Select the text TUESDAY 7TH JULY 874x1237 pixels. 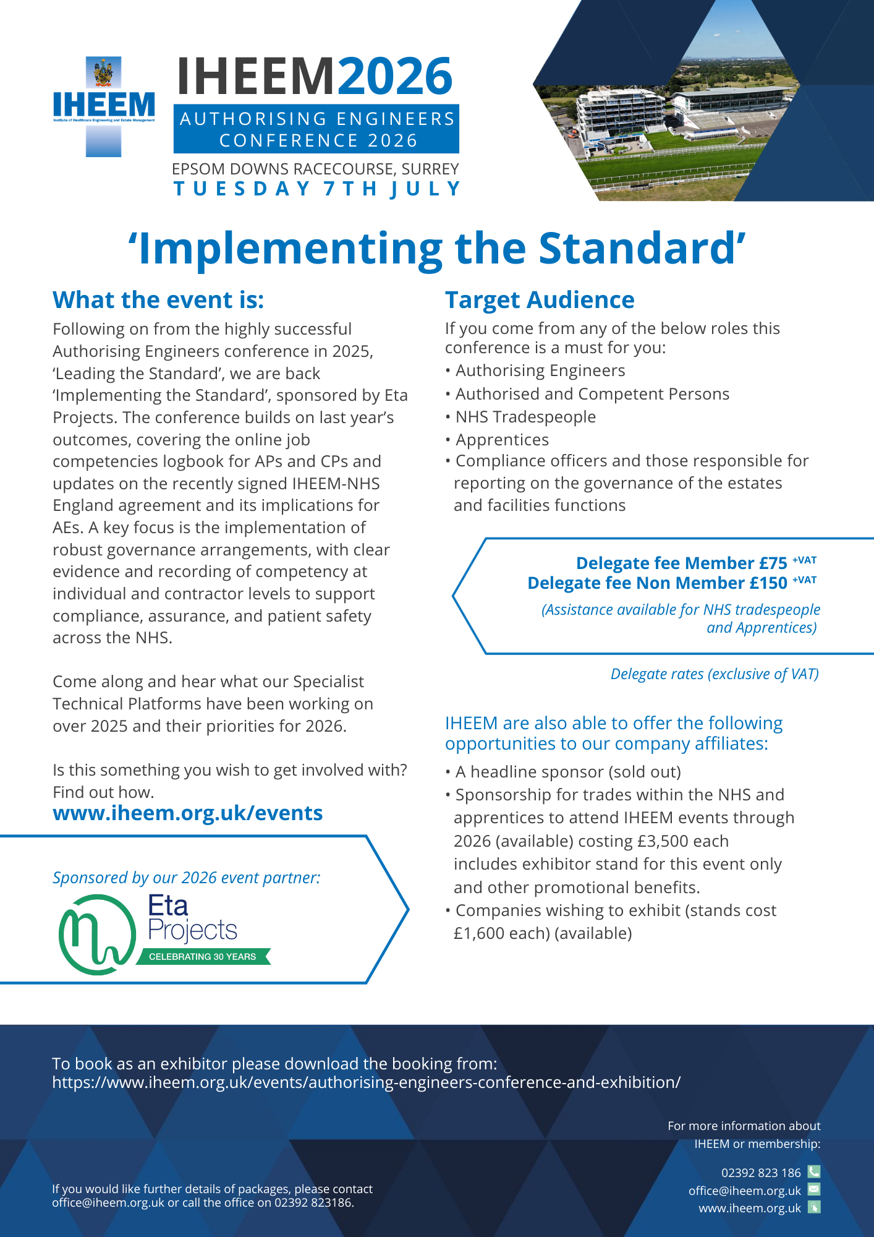317,189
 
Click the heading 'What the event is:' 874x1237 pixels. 158,300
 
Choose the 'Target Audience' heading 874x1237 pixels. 540,300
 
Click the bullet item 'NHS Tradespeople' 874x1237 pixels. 525,417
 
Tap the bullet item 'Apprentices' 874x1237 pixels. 502,440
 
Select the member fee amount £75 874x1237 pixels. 773,563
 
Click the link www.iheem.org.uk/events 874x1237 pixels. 188,813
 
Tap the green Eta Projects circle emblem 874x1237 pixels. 97,935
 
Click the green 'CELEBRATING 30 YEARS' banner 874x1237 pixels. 203,957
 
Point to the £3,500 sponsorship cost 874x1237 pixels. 661,841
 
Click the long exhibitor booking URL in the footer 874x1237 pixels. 366,1082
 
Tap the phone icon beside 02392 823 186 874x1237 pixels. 814,1171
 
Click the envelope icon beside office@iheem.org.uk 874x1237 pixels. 814,1189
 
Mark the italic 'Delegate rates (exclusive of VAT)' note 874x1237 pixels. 715,674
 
